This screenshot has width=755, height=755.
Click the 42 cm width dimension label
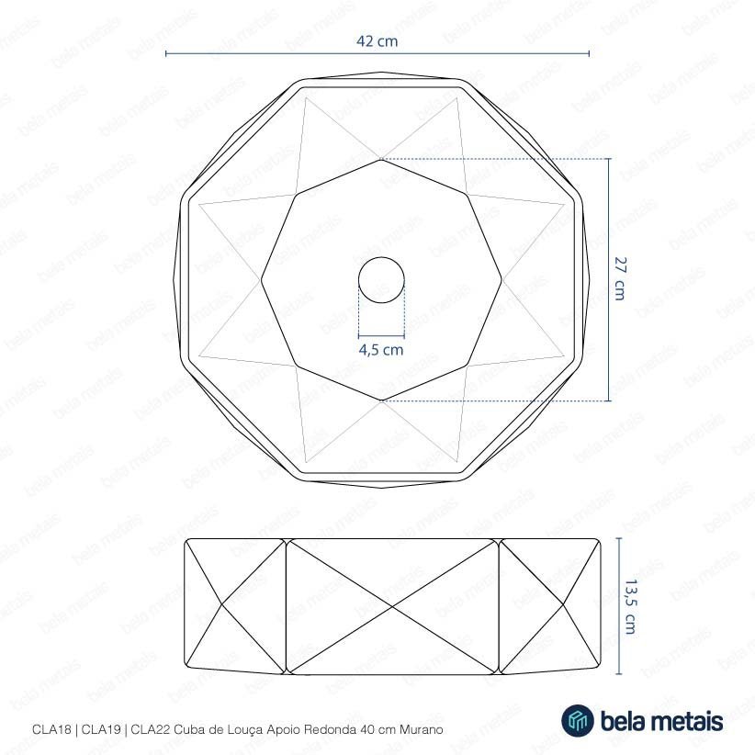pyautogui.click(x=377, y=41)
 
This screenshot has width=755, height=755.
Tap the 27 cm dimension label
pyautogui.click(x=620, y=279)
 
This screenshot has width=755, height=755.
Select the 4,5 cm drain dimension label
pyautogui.click(x=381, y=350)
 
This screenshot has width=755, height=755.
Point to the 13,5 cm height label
pyautogui.click(x=631, y=607)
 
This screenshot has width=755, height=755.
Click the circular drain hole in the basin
pyautogui.click(x=381, y=280)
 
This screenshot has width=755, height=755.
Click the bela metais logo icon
pyautogui.click(x=578, y=720)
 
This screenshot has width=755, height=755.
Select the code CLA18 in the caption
pyautogui.click(x=51, y=729)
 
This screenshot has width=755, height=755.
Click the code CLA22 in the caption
pyautogui.click(x=151, y=729)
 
